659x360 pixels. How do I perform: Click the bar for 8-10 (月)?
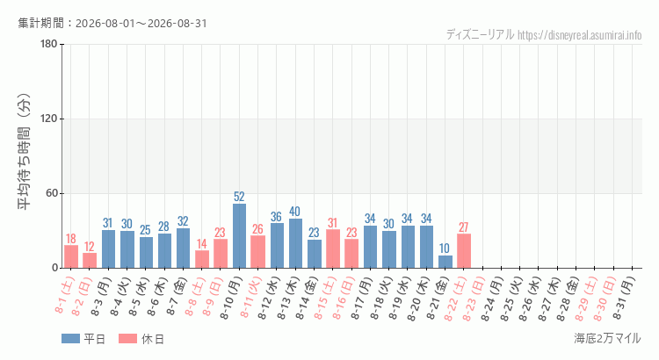[x=239, y=235]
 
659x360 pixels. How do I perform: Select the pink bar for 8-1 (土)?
[x=71, y=256]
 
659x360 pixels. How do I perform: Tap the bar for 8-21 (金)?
[x=445, y=262]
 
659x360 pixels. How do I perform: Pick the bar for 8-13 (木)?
[x=295, y=243]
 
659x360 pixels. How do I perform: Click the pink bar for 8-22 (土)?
[x=464, y=251]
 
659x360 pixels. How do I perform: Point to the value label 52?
[x=239, y=197]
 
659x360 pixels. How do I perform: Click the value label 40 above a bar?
[x=295, y=212]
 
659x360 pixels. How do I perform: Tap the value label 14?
[x=202, y=243]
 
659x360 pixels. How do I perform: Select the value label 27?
[x=464, y=227]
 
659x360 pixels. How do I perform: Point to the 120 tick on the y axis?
[x=49, y=119]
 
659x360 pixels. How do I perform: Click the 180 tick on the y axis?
[x=49, y=44]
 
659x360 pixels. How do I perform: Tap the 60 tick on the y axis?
[x=52, y=193]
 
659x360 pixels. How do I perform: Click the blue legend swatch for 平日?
[x=70, y=339]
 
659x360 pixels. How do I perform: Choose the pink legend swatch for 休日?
[x=127, y=339]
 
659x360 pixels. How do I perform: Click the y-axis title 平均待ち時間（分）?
[x=24, y=152]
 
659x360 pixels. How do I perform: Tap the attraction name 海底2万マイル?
[x=607, y=338]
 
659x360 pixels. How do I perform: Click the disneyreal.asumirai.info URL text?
[x=580, y=35]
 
